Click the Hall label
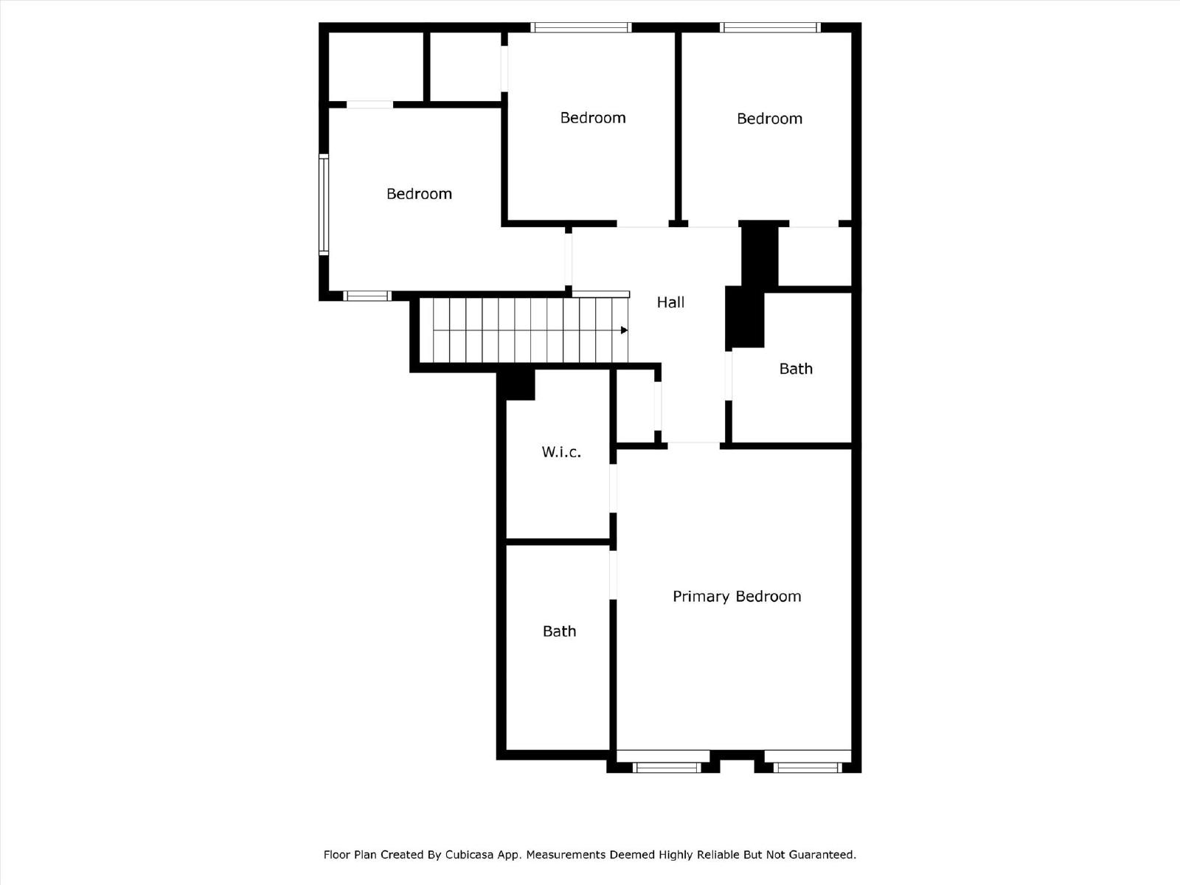(670, 302)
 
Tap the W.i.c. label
(561, 452)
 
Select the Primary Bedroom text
(736, 596)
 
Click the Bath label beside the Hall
(796, 369)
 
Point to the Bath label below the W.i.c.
(559, 631)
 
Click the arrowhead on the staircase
(624, 330)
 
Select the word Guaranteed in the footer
(822, 855)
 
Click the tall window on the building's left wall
(323, 204)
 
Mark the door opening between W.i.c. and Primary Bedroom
(613, 487)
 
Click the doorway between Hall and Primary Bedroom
(693, 444)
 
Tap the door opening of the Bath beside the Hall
(729, 376)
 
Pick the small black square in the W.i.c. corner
(519, 384)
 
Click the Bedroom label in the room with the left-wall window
(419, 194)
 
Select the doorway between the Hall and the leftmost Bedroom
(569, 259)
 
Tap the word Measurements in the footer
(566, 855)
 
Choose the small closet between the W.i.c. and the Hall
(635, 406)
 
